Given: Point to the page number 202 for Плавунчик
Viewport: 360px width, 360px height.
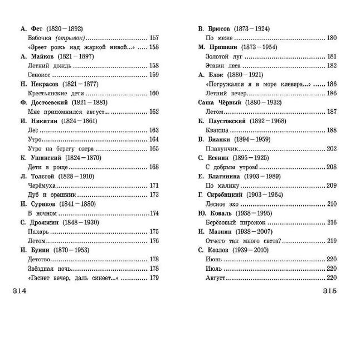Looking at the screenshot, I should pos(332,148).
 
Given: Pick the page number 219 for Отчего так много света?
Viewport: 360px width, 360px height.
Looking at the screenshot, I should pos(332,241).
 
